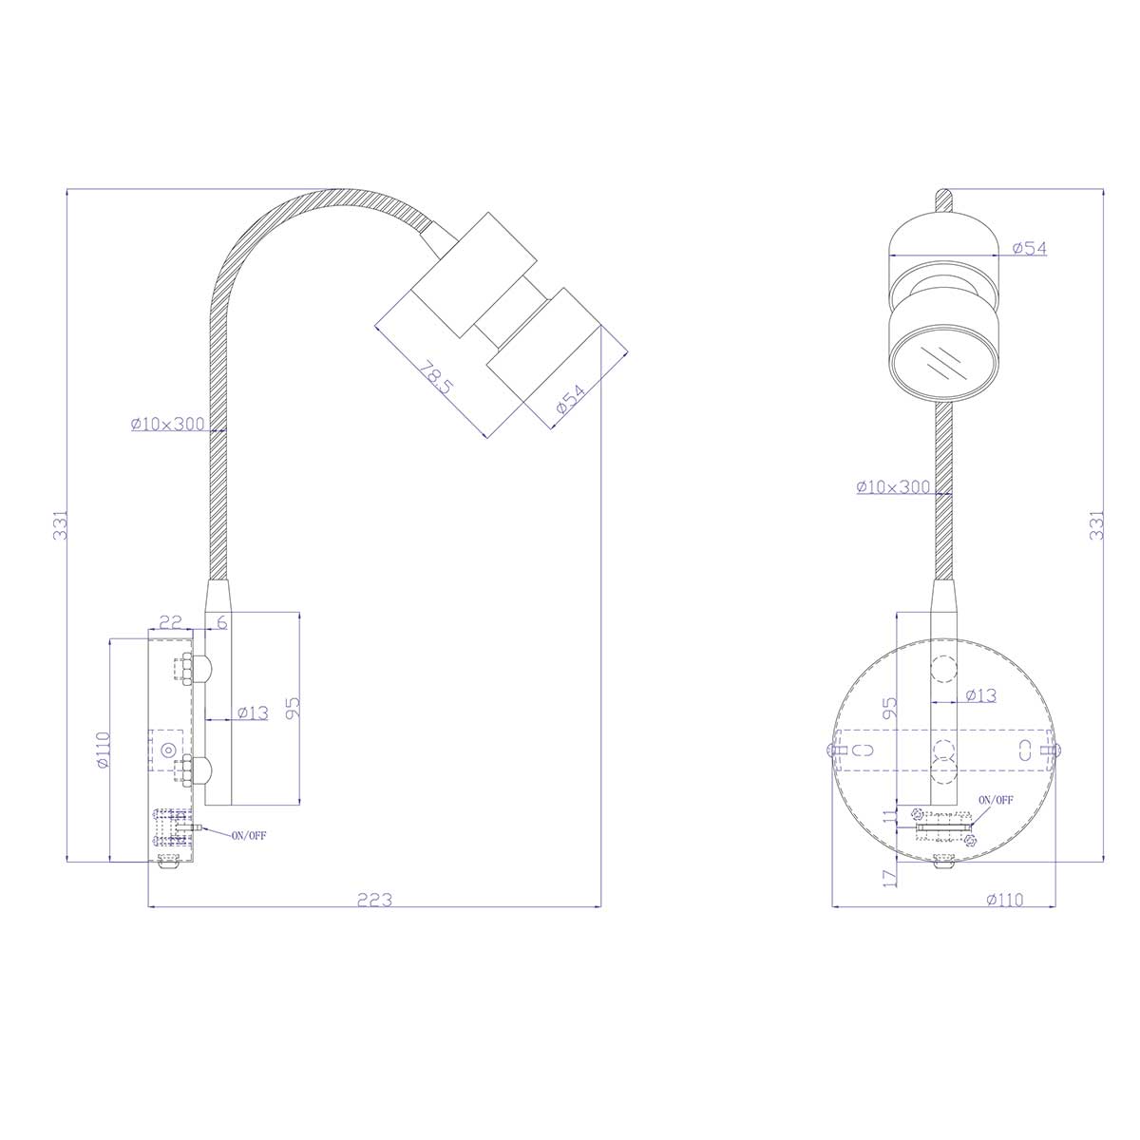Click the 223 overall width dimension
pyautogui.click(x=375, y=899)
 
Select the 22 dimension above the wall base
pyautogui.click(x=171, y=622)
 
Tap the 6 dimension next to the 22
pyautogui.click(x=221, y=622)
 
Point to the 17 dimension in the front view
pyautogui.click(x=889, y=877)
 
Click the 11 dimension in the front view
pyautogui.click(x=889, y=820)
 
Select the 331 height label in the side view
pyautogui.click(x=60, y=524)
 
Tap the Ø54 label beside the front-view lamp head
pyautogui.click(x=1029, y=248)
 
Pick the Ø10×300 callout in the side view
pyautogui.click(x=168, y=425)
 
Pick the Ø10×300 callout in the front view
pyautogui.click(x=893, y=486)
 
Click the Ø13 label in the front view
pyautogui.click(x=980, y=695)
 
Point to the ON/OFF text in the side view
pyautogui.click(x=249, y=835)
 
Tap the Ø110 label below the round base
pyautogui.click(x=1004, y=899)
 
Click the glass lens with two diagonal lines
pyautogui.click(x=944, y=363)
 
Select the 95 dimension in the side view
pyautogui.click(x=292, y=706)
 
